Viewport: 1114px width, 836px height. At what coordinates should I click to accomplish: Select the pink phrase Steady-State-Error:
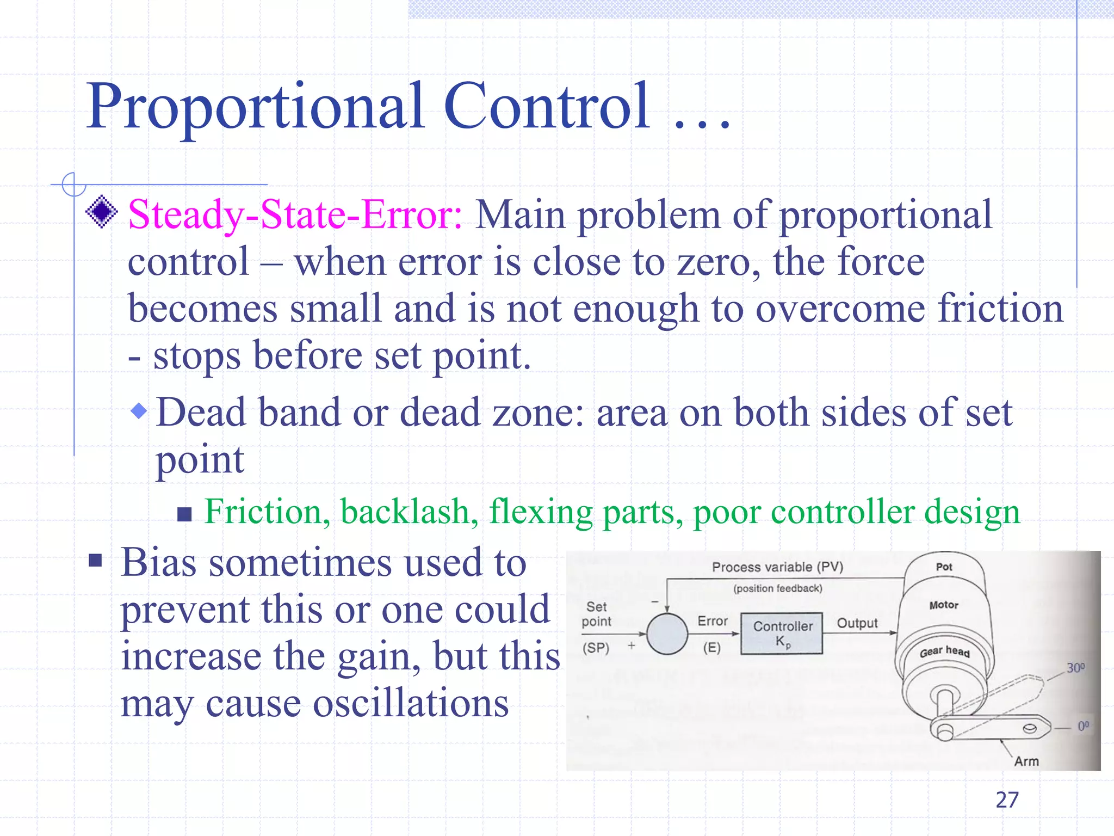pyautogui.click(x=295, y=215)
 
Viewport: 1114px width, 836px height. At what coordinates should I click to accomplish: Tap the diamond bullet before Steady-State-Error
pyautogui.click(x=102, y=211)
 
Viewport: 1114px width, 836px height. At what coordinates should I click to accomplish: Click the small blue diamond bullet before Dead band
pyautogui.click(x=139, y=411)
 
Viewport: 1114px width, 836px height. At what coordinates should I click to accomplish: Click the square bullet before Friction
pyautogui.click(x=185, y=514)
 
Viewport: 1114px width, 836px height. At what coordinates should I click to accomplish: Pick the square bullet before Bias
pyautogui.click(x=96, y=561)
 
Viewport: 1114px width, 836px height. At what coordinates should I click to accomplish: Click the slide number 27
pyautogui.click(x=1007, y=800)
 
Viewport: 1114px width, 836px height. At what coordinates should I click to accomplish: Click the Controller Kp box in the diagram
pyautogui.click(x=782, y=634)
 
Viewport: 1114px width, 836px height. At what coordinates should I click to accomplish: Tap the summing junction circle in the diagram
pyautogui.click(x=667, y=634)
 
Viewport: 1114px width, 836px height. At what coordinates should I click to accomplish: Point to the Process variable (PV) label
pyautogui.click(x=777, y=567)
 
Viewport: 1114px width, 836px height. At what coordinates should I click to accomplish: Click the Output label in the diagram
pyautogui.click(x=857, y=623)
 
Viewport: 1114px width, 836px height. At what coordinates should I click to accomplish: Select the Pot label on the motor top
pyautogui.click(x=944, y=567)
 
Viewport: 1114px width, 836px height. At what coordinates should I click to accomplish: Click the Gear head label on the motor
pyautogui.click(x=945, y=651)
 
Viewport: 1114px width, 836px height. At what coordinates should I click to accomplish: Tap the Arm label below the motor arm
pyautogui.click(x=1026, y=761)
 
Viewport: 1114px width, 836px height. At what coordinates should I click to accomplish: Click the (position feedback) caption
pyautogui.click(x=777, y=588)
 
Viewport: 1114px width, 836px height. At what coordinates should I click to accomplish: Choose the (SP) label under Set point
pyautogui.click(x=596, y=648)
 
